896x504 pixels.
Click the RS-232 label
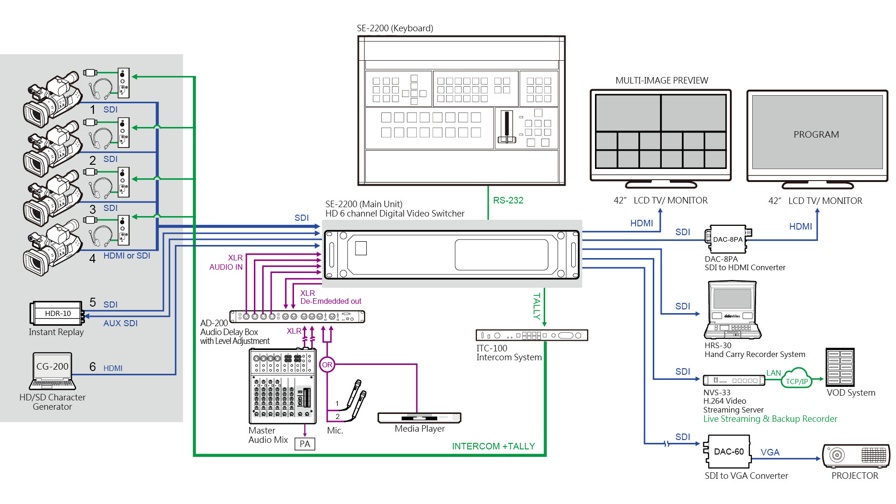pos(508,200)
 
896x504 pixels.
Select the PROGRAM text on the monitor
pos(816,134)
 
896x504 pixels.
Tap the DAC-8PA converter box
pos(727,239)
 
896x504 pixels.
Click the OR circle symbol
pos(327,364)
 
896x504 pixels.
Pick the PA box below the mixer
pos(305,444)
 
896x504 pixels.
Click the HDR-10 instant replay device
pos(58,314)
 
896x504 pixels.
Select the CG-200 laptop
pos(52,371)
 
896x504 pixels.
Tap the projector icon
pos(855,456)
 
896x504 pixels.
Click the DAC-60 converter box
pos(728,451)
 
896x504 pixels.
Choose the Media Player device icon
pos(419,417)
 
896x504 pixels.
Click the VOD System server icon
pos(840,367)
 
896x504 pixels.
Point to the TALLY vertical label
pos(537,306)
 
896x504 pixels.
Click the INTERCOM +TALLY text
pos(493,446)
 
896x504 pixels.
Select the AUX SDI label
pos(120,323)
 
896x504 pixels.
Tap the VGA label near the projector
pos(770,452)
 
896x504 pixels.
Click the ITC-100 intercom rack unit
pos(532,335)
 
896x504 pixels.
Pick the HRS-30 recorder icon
pos(732,310)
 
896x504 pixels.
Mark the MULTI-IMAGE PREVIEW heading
pos(661,80)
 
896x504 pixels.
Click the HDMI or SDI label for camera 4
pos(126,256)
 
